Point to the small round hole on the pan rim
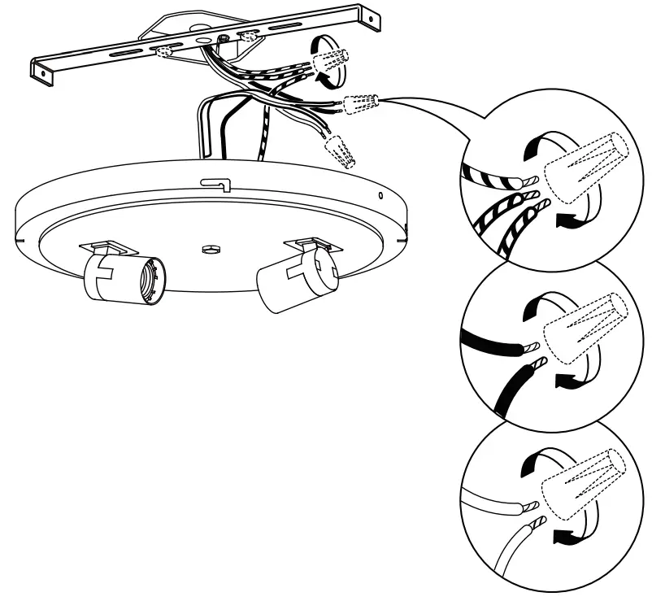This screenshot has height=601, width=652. pyautogui.click(x=380, y=195)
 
